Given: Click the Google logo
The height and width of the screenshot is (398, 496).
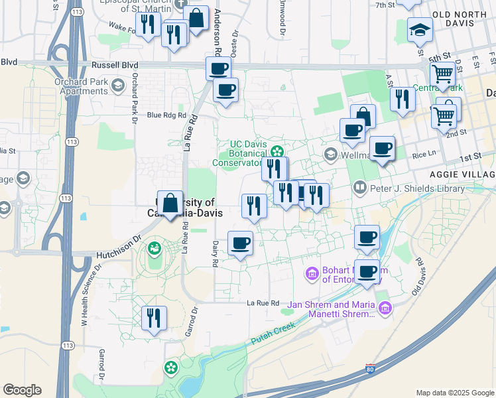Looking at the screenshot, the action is (x=22, y=390).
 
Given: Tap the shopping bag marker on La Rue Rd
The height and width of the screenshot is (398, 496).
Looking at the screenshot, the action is (x=170, y=204).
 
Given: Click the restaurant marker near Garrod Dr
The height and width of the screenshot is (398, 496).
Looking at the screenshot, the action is (x=154, y=318).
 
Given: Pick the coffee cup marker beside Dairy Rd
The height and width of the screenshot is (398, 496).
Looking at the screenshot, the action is (x=240, y=242).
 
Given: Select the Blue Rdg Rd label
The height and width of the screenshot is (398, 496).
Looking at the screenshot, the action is (x=166, y=115).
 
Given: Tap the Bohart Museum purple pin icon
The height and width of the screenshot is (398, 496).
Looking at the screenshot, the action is (x=312, y=273).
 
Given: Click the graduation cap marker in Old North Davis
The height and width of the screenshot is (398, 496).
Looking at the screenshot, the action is (x=419, y=30).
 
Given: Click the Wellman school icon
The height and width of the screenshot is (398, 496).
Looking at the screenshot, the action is (x=331, y=154).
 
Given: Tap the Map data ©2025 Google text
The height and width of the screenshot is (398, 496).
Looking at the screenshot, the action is (x=454, y=393).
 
